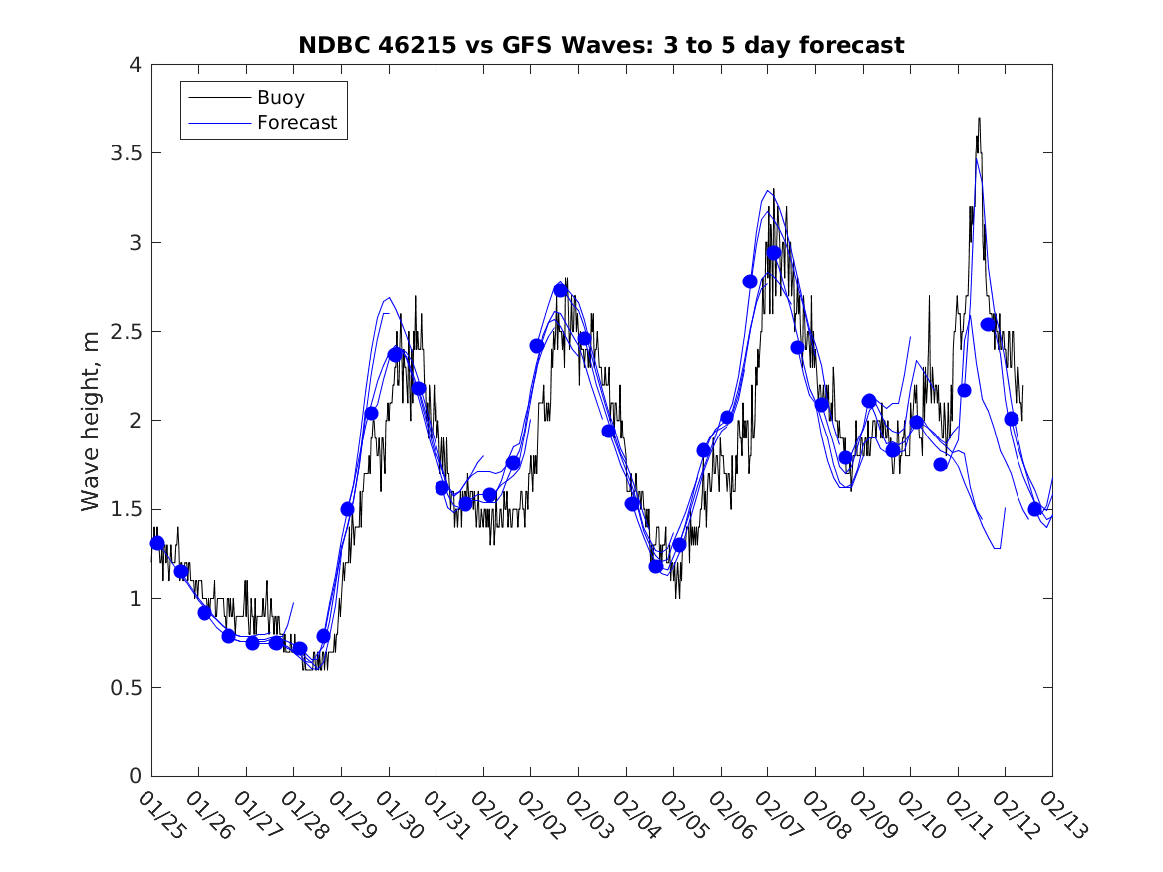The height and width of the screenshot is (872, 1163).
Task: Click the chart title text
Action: [x=601, y=45]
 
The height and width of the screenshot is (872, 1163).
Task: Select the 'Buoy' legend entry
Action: [x=281, y=98]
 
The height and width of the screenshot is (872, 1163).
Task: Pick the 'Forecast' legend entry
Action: [x=297, y=123]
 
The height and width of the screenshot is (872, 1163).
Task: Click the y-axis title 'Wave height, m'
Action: [x=91, y=421]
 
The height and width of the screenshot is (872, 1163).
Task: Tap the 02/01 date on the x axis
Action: [x=493, y=816]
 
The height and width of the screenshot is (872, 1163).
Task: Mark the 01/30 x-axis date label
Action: [x=399, y=816]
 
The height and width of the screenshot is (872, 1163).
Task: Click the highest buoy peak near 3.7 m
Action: [x=979, y=119]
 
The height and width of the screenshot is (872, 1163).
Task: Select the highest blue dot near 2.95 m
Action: [x=773, y=253]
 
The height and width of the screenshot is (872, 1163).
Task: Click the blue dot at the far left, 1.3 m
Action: [x=157, y=543]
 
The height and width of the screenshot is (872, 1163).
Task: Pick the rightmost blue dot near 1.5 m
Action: [x=1035, y=509]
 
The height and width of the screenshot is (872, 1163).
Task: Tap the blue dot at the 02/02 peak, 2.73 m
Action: [x=561, y=290]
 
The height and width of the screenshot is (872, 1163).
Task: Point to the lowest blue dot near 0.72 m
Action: [x=299, y=649]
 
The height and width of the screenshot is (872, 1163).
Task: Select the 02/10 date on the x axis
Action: [x=920, y=816]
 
